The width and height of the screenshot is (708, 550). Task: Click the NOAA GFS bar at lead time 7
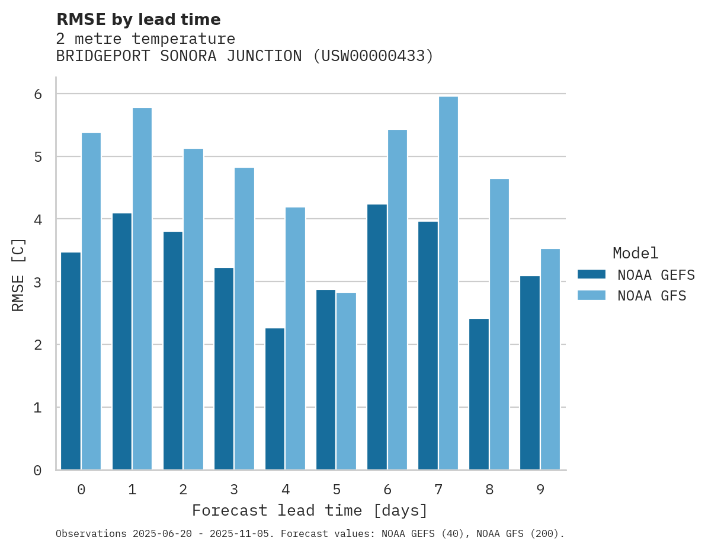pos(448,283)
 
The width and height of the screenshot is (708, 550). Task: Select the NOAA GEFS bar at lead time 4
pos(275,399)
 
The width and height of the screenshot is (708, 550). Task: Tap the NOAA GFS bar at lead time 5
pos(347,381)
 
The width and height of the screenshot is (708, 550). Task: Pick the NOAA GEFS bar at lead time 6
pos(377,337)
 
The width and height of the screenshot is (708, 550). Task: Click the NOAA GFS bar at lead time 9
pos(550,359)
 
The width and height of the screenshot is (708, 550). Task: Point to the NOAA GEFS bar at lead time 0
pos(71,361)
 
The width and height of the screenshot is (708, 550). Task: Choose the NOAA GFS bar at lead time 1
pos(142,289)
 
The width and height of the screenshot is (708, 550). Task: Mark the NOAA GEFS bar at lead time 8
pos(479,394)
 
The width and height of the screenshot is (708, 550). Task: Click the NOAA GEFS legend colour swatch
pos(591,274)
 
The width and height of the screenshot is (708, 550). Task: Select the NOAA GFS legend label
pos(652,296)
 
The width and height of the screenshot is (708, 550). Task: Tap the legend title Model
pos(636,254)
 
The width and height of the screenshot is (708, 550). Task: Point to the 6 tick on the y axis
pos(37,94)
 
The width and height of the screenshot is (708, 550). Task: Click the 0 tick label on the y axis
pos(37,471)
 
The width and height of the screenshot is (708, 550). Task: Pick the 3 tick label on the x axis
pos(234,490)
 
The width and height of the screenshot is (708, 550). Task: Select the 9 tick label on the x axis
pos(540,490)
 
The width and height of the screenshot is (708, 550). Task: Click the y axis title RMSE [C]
pos(19,275)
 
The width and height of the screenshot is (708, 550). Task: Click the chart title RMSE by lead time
pos(139,20)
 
